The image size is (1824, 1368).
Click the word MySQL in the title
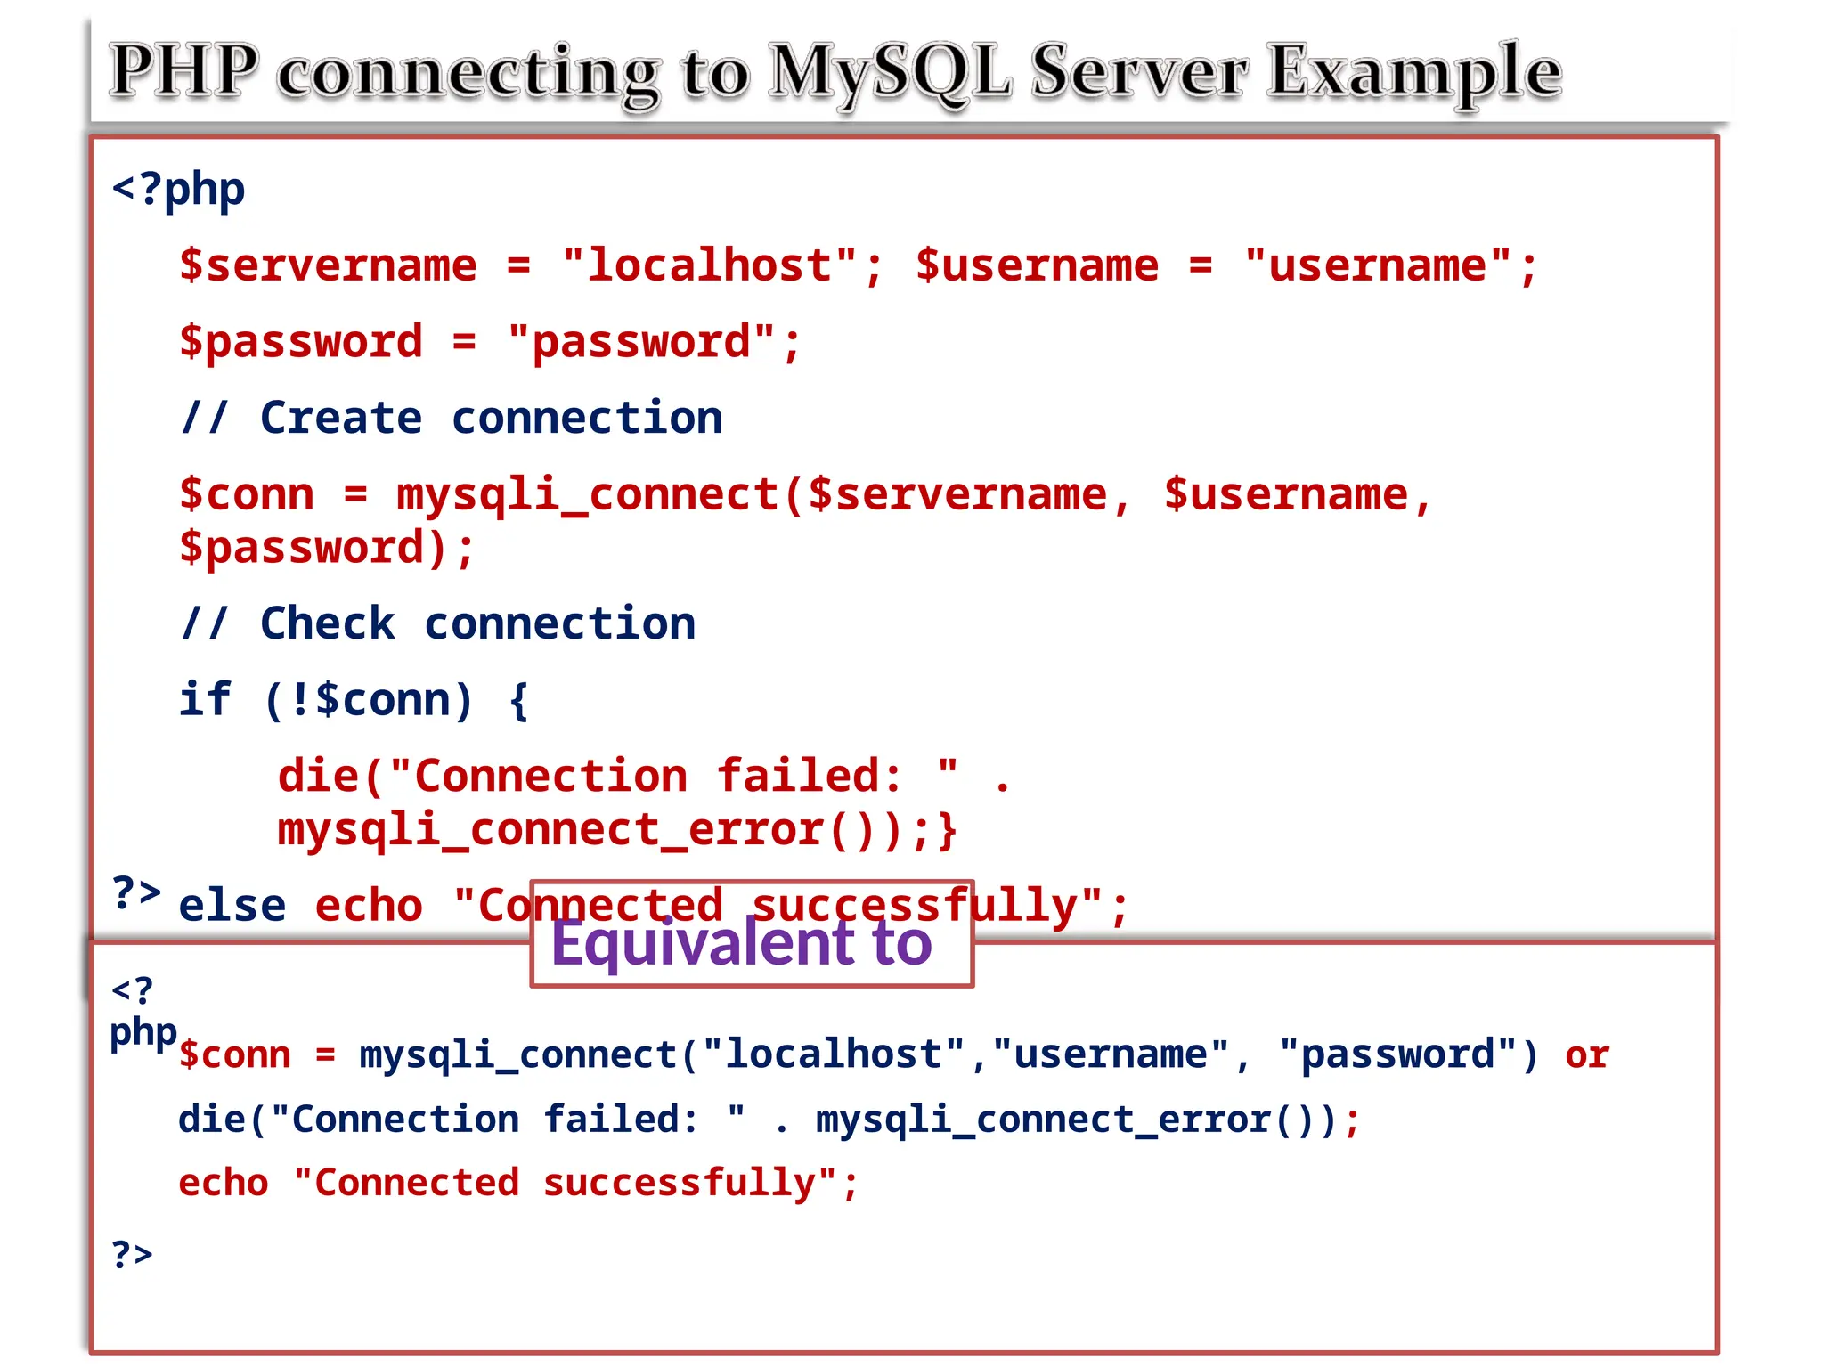[890, 71]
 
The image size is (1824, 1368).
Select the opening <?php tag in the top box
[178, 189]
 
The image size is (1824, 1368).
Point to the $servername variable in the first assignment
[328, 265]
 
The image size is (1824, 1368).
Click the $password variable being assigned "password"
[300, 342]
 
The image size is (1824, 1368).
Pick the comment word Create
[341, 418]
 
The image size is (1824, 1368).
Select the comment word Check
[327, 623]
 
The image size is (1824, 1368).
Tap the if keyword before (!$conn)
[205, 699]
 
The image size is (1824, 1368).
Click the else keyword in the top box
[232, 906]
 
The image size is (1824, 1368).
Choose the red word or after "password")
[1587, 1055]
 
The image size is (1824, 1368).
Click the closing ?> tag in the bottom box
[132, 1254]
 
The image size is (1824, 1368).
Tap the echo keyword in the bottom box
[223, 1184]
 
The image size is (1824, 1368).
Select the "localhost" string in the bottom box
[834, 1055]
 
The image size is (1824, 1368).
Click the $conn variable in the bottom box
[234, 1055]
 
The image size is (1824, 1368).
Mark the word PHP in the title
[184, 71]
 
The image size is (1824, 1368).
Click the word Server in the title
[1139, 71]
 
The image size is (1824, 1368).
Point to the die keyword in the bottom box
[212, 1120]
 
